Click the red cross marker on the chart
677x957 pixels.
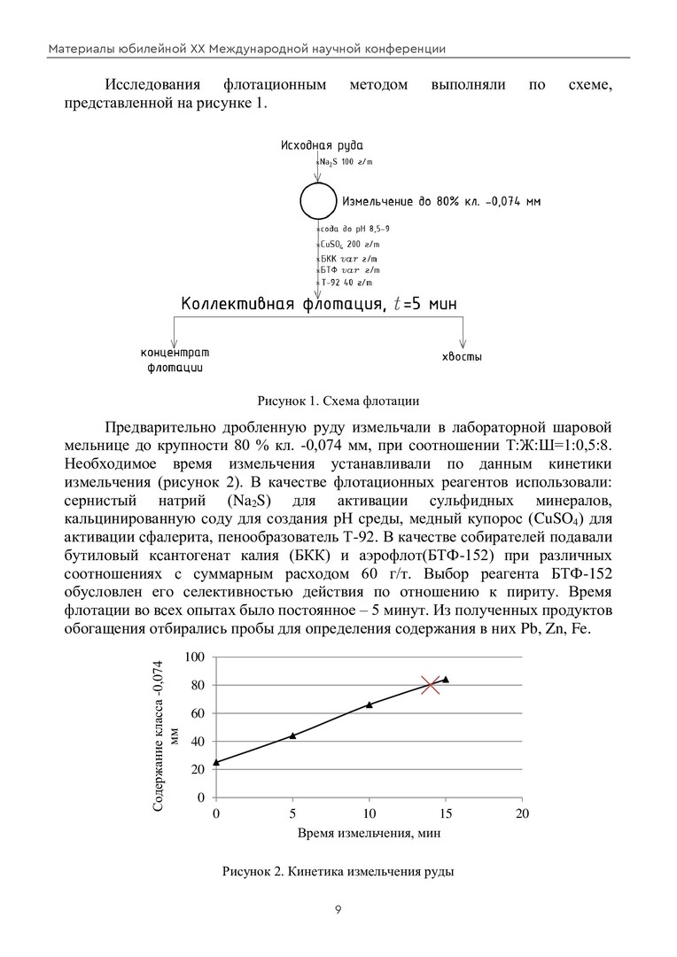432,684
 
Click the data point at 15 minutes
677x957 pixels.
446,680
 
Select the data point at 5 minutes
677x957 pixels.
292,735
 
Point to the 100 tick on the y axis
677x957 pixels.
195,657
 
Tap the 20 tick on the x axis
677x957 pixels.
523,813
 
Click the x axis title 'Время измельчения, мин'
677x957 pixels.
369,834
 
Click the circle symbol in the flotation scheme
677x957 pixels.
315,201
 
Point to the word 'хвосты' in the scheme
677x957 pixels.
462,356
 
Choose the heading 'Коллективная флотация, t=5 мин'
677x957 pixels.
319,306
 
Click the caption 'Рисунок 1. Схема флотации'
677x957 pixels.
338,400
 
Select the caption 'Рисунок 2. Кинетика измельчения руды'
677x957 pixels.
338,872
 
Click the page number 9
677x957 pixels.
338,910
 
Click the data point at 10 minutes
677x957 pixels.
370,704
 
